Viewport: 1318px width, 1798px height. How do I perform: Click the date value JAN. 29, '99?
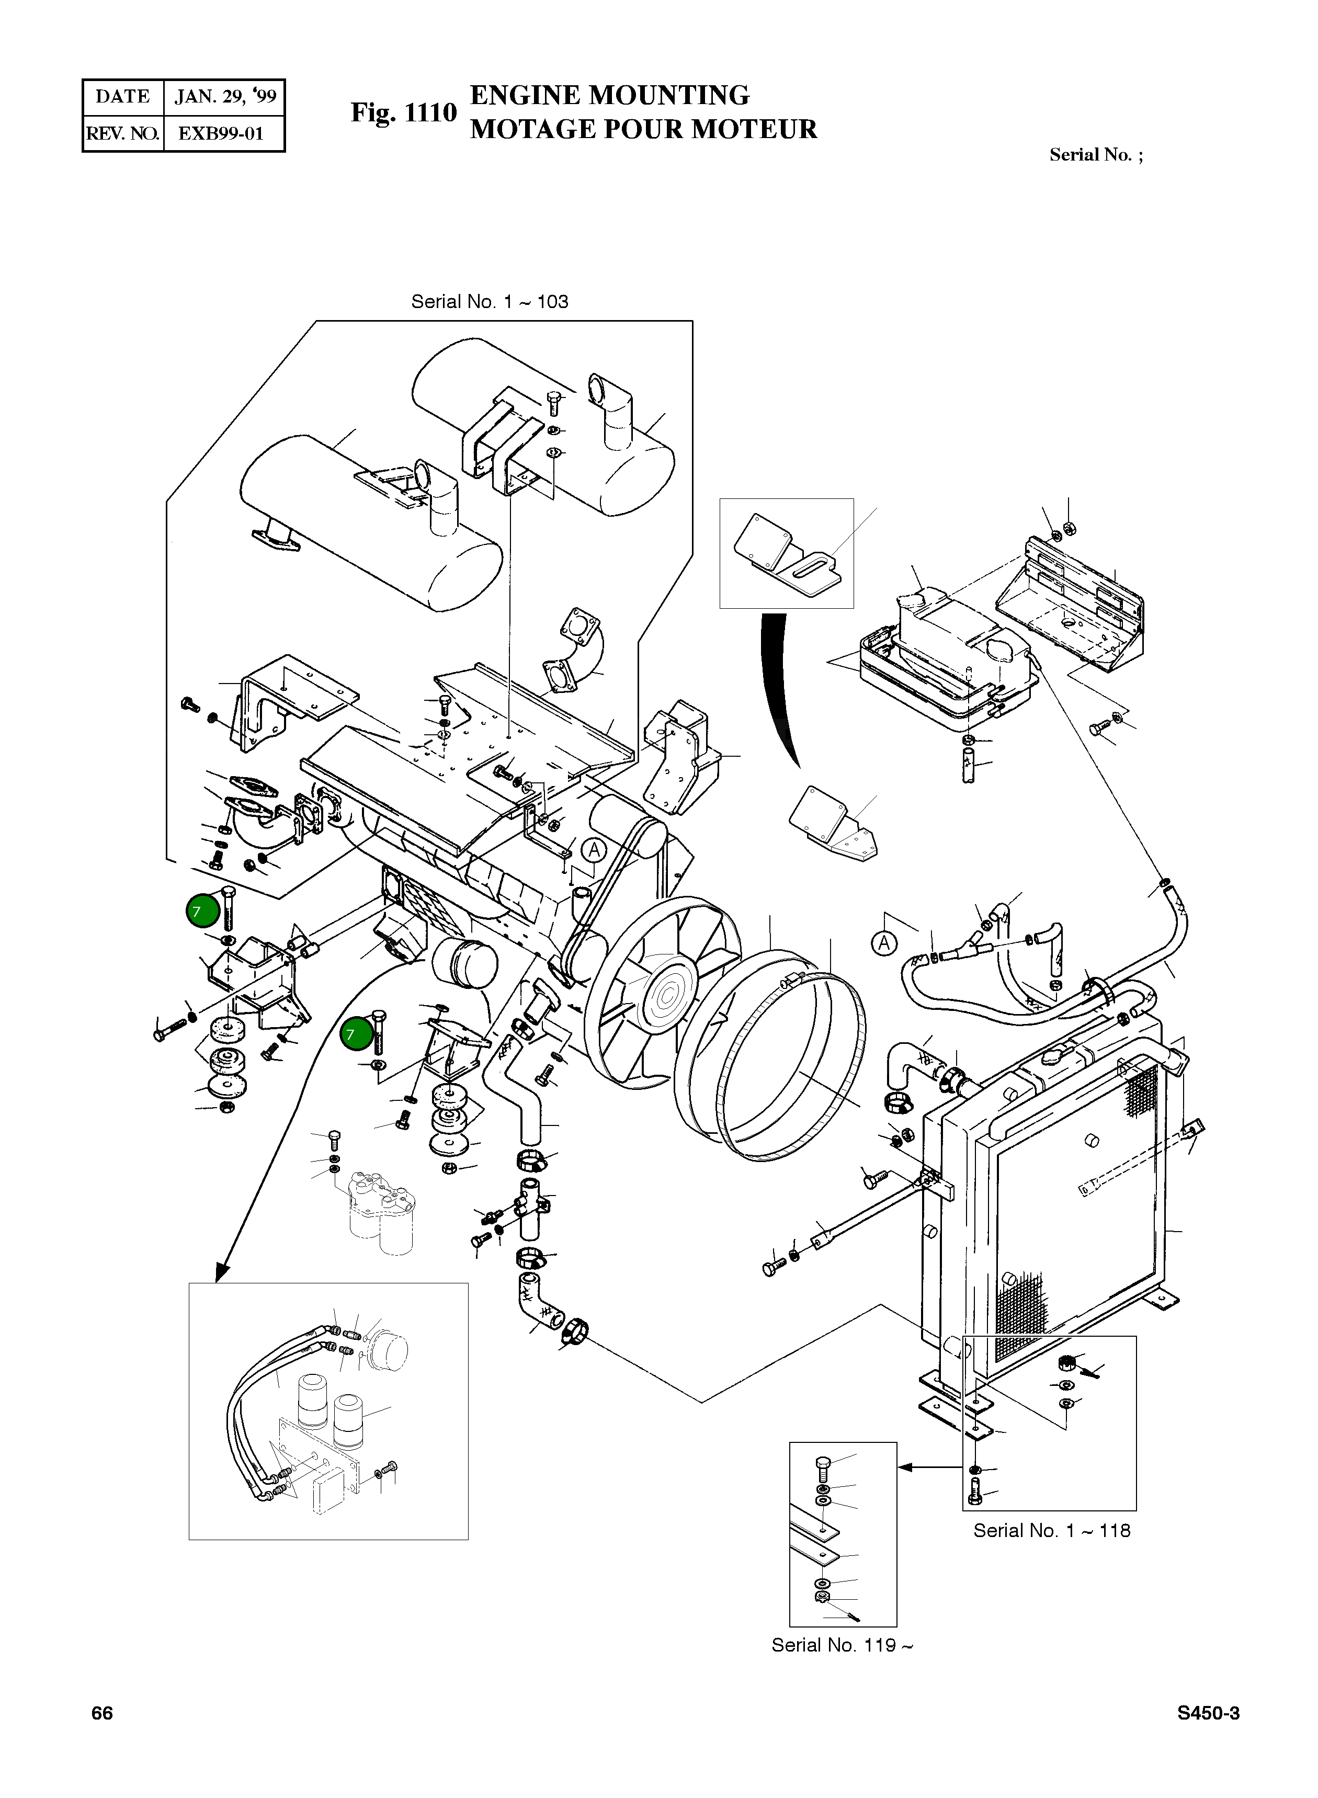click(225, 97)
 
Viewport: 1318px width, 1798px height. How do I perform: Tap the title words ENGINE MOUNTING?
click(609, 95)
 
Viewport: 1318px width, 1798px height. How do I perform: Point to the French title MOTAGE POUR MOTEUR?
click(643, 129)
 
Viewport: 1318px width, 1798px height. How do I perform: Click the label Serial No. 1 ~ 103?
click(489, 302)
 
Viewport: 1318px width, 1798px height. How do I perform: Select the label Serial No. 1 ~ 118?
click(1052, 1530)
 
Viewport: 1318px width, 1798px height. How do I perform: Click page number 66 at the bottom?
click(102, 1713)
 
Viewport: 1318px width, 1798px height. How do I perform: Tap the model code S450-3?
click(1208, 1713)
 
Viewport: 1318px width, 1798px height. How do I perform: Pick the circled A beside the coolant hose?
click(883, 943)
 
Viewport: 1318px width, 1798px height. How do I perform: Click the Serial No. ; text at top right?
click(1095, 155)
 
